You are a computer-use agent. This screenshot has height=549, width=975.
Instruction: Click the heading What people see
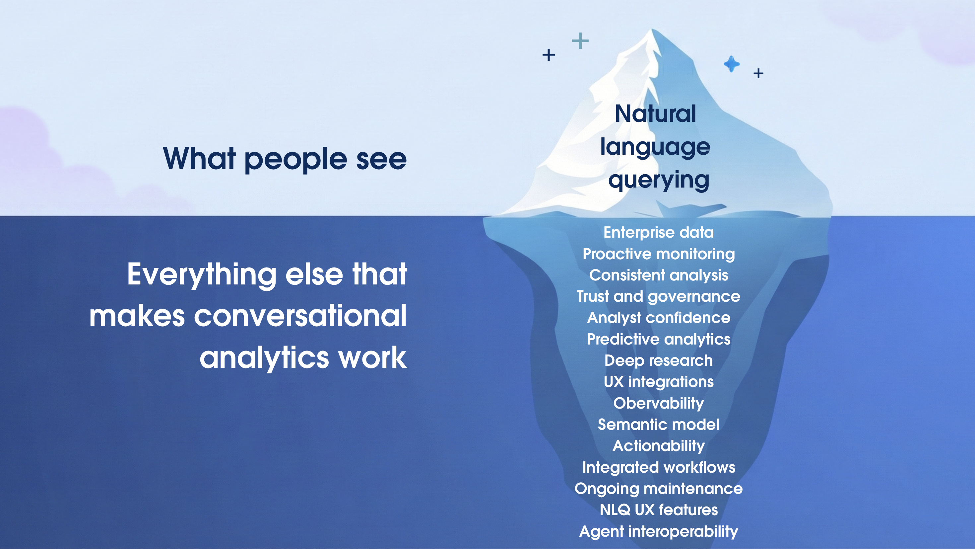click(x=285, y=159)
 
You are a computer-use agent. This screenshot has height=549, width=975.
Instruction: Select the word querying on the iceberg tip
click(x=659, y=180)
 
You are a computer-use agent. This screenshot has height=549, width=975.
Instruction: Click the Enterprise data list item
click(x=659, y=232)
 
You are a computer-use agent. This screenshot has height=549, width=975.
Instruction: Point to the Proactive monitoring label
click(x=659, y=254)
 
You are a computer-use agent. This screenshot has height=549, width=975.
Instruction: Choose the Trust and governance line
click(x=659, y=296)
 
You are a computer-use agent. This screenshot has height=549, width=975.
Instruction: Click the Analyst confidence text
click(x=659, y=318)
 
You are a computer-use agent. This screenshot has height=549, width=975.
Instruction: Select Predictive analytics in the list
click(x=659, y=339)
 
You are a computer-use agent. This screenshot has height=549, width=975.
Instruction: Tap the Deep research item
click(x=659, y=360)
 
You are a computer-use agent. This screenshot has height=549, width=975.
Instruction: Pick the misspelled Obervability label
click(x=659, y=403)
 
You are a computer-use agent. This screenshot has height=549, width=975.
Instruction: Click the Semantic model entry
click(x=659, y=424)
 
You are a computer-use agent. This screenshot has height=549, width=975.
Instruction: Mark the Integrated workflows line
click(x=659, y=467)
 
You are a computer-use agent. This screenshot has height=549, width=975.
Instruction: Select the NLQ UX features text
click(x=659, y=510)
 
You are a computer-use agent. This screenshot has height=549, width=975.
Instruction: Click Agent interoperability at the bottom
click(x=659, y=531)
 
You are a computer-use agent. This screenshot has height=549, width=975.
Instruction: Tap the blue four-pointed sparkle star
click(x=732, y=64)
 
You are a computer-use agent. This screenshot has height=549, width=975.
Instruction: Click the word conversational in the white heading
click(x=300, y=316)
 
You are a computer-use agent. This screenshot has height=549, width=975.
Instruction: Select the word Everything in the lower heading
click(x=202, y=274)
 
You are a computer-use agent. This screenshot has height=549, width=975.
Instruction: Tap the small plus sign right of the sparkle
click(x=758, y=73)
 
